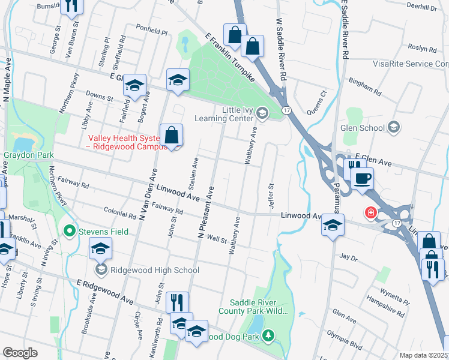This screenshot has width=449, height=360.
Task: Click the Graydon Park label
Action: (28, 155)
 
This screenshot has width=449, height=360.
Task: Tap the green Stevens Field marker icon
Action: (70, 231)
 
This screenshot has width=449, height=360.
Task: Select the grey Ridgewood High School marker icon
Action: (101, 269)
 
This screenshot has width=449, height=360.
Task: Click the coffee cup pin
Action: (363, 178)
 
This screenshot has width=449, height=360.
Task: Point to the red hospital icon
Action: (371, 212)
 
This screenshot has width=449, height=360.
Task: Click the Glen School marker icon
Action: (393, 127)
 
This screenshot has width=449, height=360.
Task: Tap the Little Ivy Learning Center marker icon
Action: (262, 112)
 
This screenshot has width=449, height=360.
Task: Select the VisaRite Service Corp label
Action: (410, 64)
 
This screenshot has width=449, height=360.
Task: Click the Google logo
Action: (20, 353)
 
